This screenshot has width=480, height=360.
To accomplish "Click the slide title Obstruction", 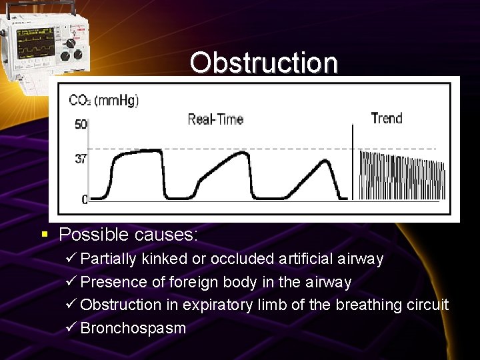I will coord(263,63).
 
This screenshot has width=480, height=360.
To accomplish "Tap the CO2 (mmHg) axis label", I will coord(104,101).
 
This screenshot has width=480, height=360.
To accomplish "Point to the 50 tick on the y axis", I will coord(79,125).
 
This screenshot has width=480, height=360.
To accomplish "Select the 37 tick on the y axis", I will coord(79,159).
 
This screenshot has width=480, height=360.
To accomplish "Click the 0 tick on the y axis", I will coord(83,199).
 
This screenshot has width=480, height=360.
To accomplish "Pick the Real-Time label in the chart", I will coord(215,119).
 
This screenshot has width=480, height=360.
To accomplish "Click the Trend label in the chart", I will coord(387,119).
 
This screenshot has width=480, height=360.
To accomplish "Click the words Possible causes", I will coord(128,235).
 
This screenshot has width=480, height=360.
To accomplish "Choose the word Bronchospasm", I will coord(133,328).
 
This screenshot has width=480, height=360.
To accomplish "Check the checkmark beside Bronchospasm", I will coord(71,328).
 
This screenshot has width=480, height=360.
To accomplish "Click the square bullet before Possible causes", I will coord(45,235).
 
